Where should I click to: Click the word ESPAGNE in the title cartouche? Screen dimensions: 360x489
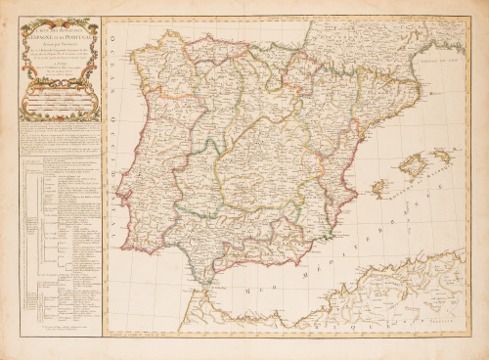point(47,45)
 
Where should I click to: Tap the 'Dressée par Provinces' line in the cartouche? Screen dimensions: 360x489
point(58,52)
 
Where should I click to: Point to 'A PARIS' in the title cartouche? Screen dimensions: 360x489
point(59,70)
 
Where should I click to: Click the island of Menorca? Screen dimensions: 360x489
point(442,155)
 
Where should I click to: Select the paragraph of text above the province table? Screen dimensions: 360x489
point(59,136)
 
